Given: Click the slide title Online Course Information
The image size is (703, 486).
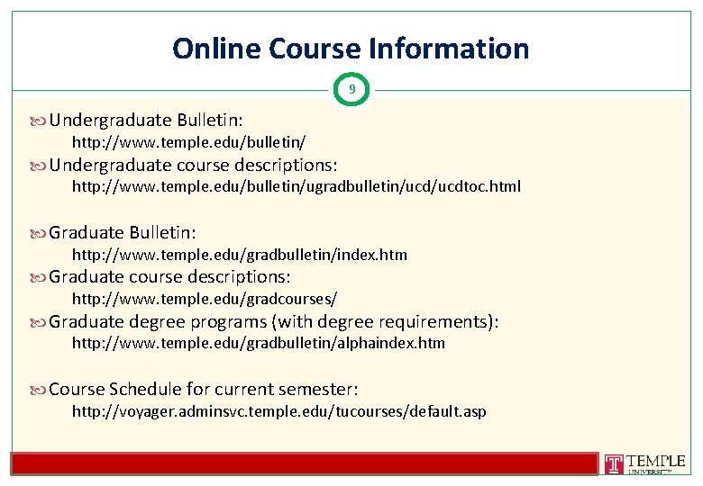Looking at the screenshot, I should click(351, 48).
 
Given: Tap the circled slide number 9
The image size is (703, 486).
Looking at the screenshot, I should click(351, 89).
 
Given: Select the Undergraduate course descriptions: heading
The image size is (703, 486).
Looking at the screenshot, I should click(194, 165).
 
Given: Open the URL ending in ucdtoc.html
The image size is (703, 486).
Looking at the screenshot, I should click(296, 187).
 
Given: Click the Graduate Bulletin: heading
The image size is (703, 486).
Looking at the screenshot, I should click(123, 232).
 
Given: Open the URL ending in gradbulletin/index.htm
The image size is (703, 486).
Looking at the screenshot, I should click(239, 255).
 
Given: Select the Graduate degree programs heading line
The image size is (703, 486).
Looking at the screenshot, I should click(274, 321).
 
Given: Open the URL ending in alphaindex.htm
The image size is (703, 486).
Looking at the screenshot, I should click(258, 343).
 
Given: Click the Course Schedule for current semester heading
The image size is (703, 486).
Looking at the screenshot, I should click(204, 389).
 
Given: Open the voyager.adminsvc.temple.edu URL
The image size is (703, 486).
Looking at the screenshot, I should click(278, 411).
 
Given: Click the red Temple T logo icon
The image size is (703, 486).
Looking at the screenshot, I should click(614, 464).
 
